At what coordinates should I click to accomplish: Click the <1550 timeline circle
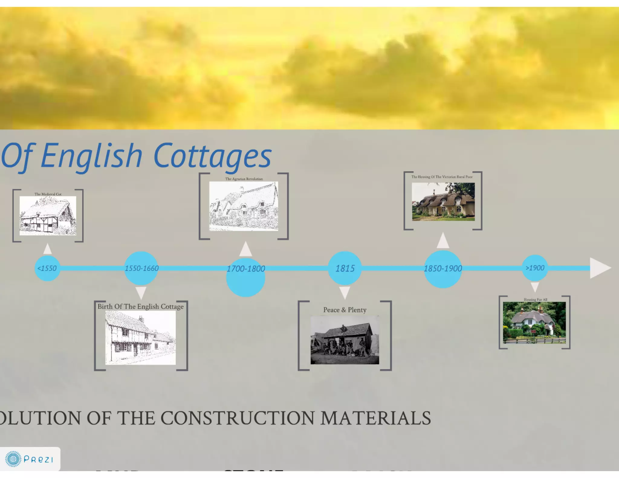[47, 268]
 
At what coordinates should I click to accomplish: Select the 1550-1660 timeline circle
[141, 268]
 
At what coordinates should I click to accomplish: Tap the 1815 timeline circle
[345, 268]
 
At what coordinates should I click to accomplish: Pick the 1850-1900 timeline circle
[443, 269]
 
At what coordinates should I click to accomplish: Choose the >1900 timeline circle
[535, 268]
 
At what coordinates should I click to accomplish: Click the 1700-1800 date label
[246, 269]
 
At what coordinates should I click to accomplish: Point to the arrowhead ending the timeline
[600, 268]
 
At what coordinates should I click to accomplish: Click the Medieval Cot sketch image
[48, 216]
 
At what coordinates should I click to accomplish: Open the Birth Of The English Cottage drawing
[141, 338]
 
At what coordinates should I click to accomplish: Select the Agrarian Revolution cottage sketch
[244, 206]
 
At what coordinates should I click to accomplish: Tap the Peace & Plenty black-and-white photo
[345, 340]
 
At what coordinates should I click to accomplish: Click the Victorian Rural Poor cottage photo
[443, 202]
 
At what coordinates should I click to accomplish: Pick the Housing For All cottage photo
[534, 322]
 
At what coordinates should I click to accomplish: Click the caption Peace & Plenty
[345, 310]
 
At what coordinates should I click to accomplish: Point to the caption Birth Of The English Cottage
[141, 306]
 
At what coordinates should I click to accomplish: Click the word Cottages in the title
[212, 156]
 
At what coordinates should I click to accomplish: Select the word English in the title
[91, 156]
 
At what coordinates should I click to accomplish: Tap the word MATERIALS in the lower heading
[375, 418]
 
